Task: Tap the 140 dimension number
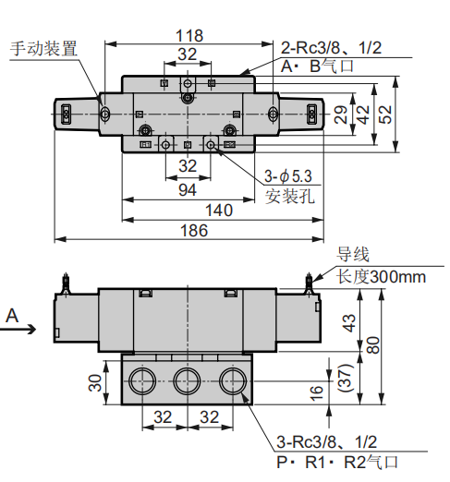click(x=218, y=210)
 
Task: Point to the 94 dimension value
click(x=188, y=189)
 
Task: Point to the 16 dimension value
click(x=319, y=392)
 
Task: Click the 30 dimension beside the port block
click(x=95, y=382)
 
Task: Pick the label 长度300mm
click(x=381, y=276)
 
